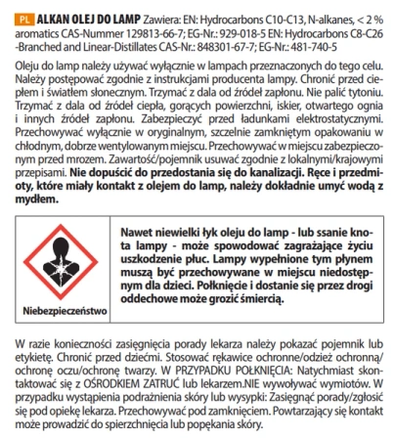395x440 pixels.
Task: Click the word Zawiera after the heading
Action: coord(156,17)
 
